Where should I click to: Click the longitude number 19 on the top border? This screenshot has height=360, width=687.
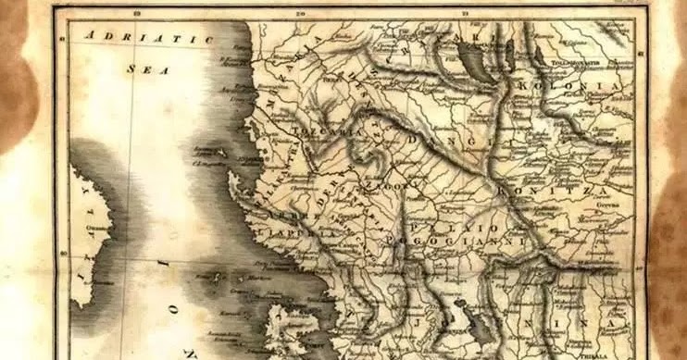tap(136, 13)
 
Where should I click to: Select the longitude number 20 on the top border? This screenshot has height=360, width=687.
tap(300, 13)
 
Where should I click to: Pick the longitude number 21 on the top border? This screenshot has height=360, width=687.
tap(464, 13)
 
